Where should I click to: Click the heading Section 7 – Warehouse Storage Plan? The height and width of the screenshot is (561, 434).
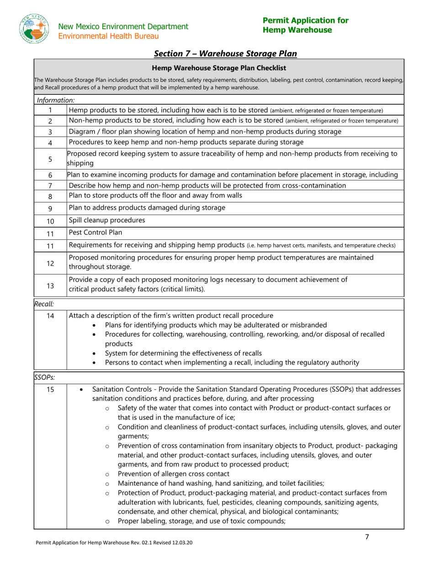[x=225, y=54]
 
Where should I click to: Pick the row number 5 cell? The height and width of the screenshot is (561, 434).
[x=50, y=159]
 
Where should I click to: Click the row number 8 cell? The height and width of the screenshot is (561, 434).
[x=50, y=197]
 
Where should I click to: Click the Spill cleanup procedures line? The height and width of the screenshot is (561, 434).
[x=107, y=221]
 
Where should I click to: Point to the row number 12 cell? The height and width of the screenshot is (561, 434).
[x=50, y=263]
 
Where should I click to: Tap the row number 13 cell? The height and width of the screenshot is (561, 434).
[x=50, y=286]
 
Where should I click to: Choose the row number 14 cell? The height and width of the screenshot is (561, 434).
[x=50, y=316]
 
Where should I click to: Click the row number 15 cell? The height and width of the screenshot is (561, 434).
[x=50, y=390]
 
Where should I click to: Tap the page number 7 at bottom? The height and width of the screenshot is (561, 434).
[x=367, y=537]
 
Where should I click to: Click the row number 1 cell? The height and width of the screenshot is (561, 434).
[x=50, y=110]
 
